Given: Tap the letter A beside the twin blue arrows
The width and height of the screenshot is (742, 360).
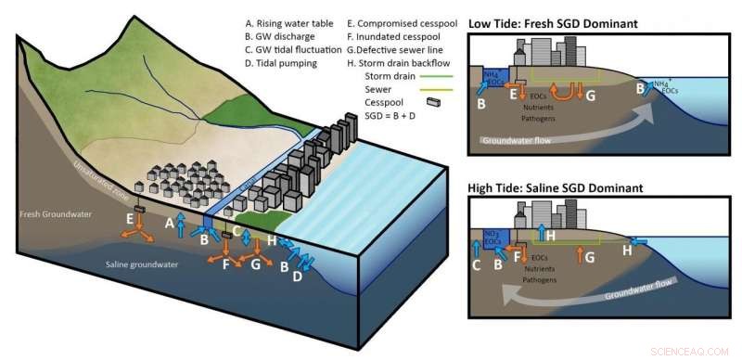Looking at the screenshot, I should pyautogui.click(x=170, y=224).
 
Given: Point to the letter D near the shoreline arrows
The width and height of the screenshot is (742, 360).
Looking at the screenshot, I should pyautogui.click(x=297, y=276).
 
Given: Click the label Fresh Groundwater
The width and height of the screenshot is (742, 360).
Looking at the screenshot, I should pyautogui.click(x=47, y=214).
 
